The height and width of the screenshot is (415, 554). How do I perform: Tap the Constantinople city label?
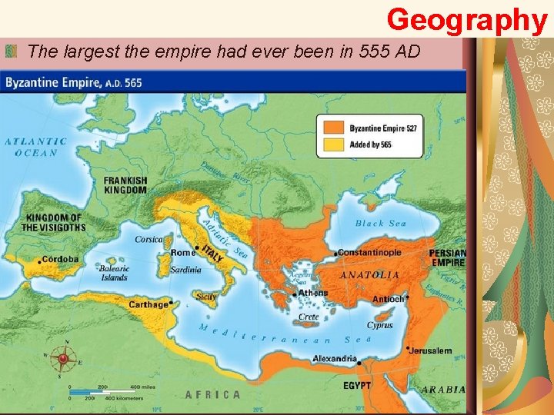tap(370, 252)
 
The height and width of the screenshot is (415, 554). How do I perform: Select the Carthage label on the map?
tap(149, 304)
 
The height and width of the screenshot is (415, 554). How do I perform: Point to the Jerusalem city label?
tap(431, 350)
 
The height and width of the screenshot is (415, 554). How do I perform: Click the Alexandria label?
tap(335, 358)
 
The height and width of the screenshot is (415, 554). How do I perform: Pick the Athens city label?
tap(312, 292)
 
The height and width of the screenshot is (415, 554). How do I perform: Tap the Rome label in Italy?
tap(183, 253)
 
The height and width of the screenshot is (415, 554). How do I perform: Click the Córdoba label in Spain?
tap(60, 259)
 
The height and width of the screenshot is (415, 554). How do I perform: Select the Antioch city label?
tap(389, 299)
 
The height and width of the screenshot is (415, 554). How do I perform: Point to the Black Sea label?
tap(381, 224)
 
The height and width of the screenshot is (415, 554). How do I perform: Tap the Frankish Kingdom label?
tap(125, 184)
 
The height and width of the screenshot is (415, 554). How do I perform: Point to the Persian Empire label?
tap(447, 257)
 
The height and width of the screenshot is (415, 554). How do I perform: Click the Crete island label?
tap(309, 317)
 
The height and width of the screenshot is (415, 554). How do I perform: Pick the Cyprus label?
tap(379, 325)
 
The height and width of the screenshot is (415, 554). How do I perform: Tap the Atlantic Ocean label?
tap(36, 147)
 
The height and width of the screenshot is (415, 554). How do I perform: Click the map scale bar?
tap(92, 393)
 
